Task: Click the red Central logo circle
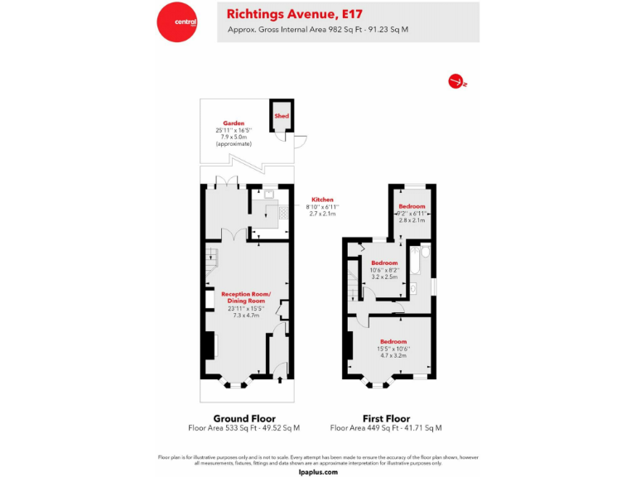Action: (x=178, y=22)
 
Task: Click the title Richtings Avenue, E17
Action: (x=282, y=13)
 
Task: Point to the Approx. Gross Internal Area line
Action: (x=318, y=30)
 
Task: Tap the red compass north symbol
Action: (x=455, y=81)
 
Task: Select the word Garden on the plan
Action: (x=234, y=123)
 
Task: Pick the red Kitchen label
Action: (x=322, y=200)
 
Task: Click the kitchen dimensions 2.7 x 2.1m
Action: (x=322, y=214)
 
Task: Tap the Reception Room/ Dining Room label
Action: (x=244, y=297)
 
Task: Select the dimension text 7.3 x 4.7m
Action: (x=244, y=316)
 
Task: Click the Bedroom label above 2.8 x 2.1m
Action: (x=412, y=206)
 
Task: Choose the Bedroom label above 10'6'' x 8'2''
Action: (x=383, y=263)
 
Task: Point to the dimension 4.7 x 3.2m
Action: (x=393, y=355)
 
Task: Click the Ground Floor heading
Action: (x=244, y=418)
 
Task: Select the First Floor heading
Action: (x=386, y=418)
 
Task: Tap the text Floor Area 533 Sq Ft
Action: (x=220, y=428)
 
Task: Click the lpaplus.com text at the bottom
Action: (x=318, y=471)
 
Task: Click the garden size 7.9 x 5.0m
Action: (x=234, y=137)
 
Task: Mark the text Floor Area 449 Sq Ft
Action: (x=362, y=428)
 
